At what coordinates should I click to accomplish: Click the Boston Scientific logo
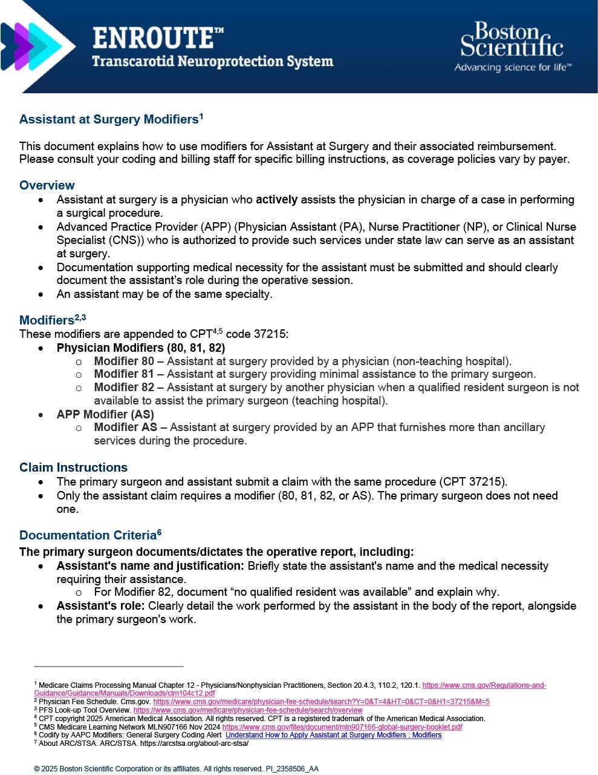(512, 47)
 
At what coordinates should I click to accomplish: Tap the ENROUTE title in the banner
(158, 38)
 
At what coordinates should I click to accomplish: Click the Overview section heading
(47, 185)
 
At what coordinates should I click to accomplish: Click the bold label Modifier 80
(124, 361)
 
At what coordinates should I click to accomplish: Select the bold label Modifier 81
(124, 374)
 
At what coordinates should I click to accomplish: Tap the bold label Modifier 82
(124, 387)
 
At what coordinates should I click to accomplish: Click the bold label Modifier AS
(125, 427)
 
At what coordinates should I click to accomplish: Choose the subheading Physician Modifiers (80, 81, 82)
(140, 348)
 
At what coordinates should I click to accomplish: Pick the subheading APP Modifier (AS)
(105, 415)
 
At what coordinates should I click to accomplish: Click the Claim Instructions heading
(73, 467)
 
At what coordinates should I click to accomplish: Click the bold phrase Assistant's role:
(100, 606)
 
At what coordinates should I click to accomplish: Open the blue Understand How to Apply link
(333, 735)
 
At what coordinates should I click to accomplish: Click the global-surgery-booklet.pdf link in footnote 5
(342, 727)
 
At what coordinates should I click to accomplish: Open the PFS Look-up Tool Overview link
(248, 710)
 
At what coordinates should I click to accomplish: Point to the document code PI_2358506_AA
(291, 769)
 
